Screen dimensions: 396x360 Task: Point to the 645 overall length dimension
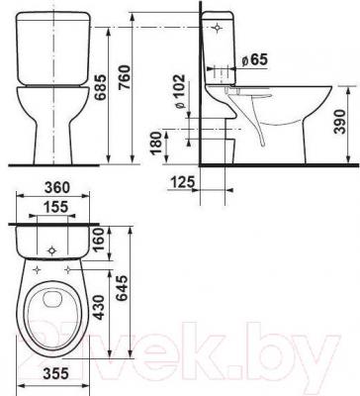[122, 289]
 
